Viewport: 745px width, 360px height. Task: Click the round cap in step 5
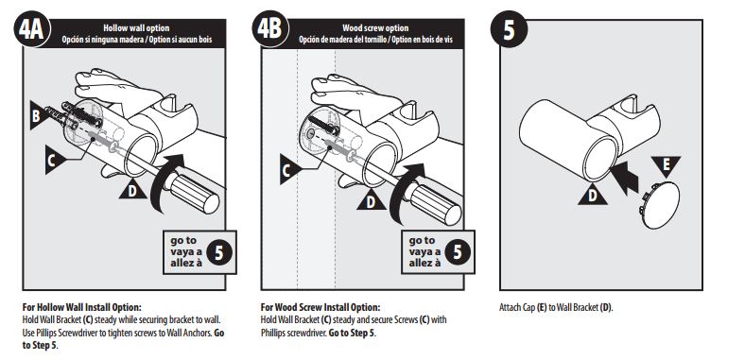click(x=659, y=205)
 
